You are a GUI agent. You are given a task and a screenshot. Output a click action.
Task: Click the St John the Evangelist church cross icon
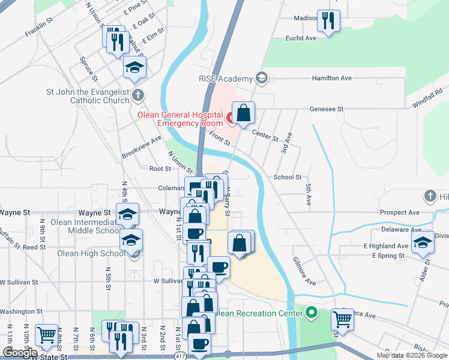[138, 94]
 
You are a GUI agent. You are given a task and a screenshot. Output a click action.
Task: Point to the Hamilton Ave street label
[331, 79]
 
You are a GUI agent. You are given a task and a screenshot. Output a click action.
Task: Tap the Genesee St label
[326, 109]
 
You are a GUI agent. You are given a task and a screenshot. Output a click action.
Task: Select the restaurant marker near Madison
[328, 22]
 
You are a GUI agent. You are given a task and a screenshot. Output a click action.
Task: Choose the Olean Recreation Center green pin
[311, 313]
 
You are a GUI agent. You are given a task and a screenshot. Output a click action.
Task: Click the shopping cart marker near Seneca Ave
[343, 318]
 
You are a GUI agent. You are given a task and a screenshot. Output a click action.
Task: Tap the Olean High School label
[91, 253]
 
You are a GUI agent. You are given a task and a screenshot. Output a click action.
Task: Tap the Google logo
[20, 353]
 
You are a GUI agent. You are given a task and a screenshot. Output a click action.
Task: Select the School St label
[288, 177]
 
